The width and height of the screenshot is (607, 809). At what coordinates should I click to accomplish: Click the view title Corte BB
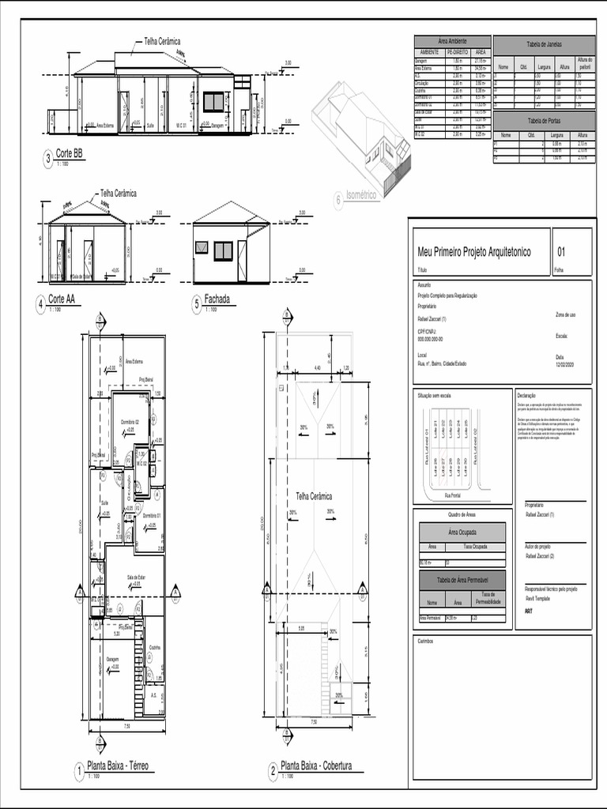point(69,155)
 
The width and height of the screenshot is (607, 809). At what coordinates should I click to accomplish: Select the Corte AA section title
point(62,299)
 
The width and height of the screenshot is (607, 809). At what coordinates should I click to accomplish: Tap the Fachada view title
point(217,299)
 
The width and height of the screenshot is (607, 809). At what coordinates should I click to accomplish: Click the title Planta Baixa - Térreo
point(118,766)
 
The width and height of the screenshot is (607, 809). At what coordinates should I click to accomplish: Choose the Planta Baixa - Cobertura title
point(315,766)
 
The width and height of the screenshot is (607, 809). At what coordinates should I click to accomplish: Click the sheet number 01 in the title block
point(562,252)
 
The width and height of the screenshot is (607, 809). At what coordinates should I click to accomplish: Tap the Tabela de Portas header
point(544,120)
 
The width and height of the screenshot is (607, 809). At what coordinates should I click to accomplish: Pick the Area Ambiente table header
point(452,41)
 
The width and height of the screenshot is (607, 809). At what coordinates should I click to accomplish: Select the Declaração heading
point(526,395)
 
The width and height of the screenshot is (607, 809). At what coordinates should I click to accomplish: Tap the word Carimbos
point(425,641)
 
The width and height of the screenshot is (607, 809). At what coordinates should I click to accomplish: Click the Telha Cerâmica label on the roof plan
point(314,495)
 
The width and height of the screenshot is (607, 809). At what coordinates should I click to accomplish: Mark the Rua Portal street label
point(452,495)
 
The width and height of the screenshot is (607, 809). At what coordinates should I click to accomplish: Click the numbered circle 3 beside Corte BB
point(48,160)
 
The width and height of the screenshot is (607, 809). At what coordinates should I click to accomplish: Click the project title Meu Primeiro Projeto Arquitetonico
point(474,252)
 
